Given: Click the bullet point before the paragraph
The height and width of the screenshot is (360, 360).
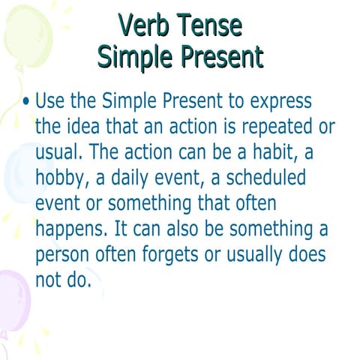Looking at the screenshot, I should point(26,101).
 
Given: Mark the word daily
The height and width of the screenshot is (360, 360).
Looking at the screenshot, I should point(127,178).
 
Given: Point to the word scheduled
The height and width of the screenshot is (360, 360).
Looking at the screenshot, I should point(252,177).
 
